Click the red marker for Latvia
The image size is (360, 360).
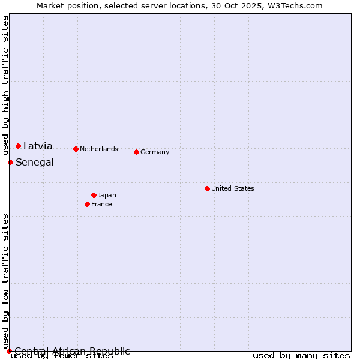coord(19,146)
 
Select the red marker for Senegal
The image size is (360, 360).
coord(10,162)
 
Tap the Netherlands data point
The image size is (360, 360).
coord(76,149)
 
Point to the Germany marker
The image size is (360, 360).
coord(136,152)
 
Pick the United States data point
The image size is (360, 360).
coord(207,188)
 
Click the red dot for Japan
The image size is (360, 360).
coord(94,195)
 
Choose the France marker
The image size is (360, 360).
coord(87,204)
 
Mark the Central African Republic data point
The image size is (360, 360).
coord(9,351)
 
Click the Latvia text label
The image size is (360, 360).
coord(38,146)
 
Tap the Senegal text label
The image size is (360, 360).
coord(34,162)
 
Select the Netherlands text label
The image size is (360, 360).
coord(99,149)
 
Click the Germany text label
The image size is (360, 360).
coord(155,152)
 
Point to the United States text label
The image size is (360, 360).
coord(233,188)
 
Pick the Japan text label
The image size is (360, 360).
coord(107,195)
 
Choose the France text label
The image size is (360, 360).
coord(101,204)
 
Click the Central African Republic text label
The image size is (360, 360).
coord(72,351)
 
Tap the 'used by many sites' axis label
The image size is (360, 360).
coord(301,355)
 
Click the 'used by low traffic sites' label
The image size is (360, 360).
coord(6,281)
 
